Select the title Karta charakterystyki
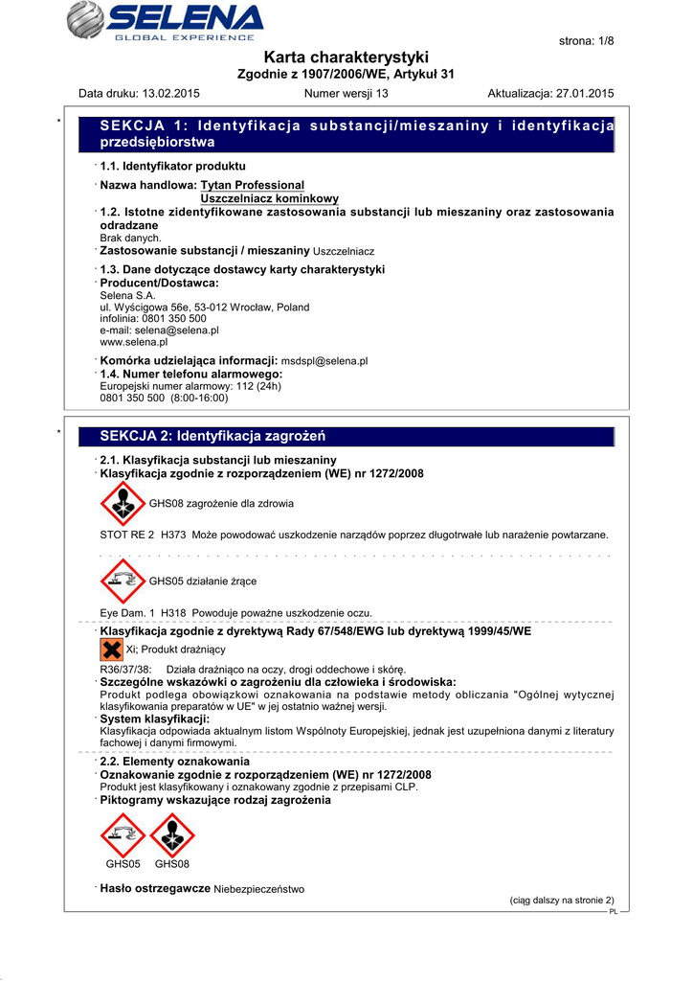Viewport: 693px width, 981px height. point(346,57)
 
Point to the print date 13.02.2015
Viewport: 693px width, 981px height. point(170,94)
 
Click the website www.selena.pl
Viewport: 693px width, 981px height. point(134,341)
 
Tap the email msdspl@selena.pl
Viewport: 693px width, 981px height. point(324,361)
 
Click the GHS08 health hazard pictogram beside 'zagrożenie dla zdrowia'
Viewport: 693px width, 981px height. point(123,503)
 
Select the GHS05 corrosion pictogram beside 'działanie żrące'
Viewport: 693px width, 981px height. point(123,581)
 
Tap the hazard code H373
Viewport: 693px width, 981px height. point(173,535)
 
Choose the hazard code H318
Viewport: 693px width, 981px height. point(173,613)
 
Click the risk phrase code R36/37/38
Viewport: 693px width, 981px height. point(125,669)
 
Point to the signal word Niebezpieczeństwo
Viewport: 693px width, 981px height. point(259,889)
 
